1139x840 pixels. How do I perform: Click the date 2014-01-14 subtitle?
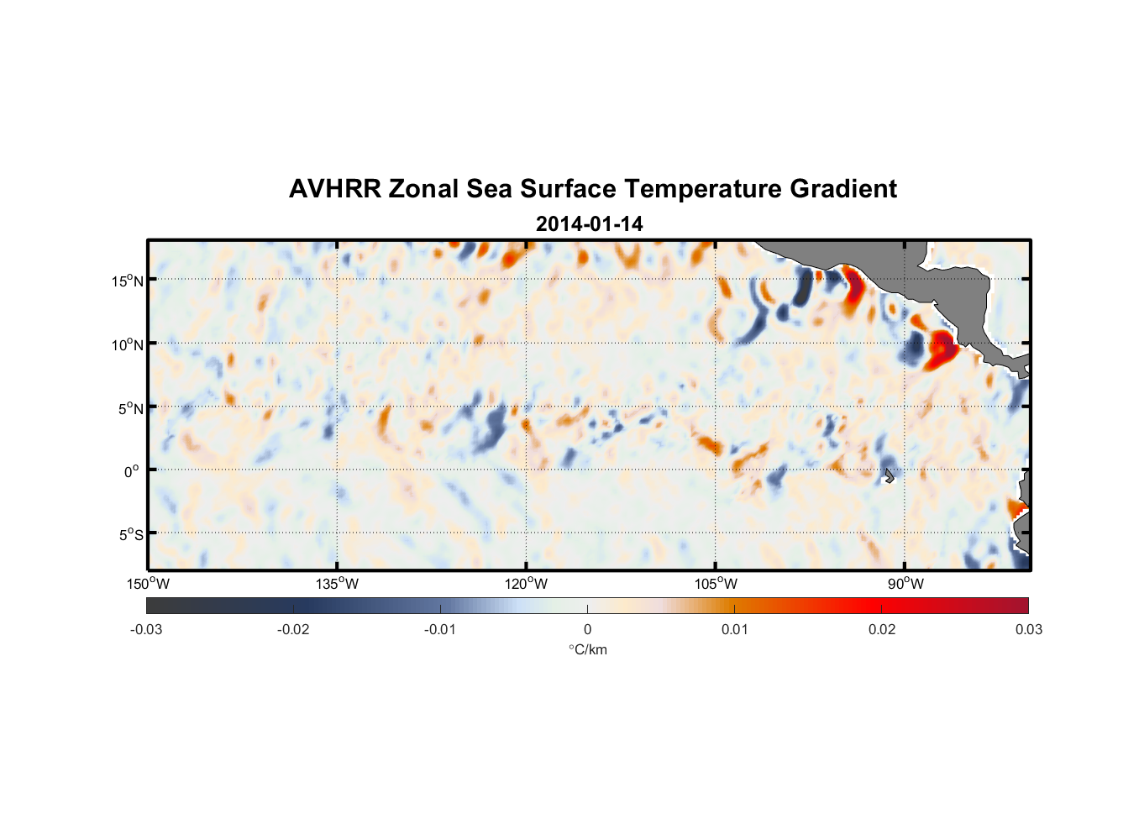click(x=589, y=224)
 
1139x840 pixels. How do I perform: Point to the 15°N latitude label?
click(x=127, y=281)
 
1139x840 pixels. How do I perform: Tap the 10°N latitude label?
click(x=127, y=344)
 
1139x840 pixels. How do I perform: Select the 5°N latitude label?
click(x=129, y=408)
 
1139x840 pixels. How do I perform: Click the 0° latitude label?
click(x=131, y=472)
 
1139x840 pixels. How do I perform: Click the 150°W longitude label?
click(x=148, y=584)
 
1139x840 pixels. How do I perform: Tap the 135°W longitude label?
click(x=337, y=584)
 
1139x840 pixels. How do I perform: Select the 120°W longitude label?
click(x=526, y=584)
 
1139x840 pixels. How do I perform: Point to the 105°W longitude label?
click(x=716, y=584)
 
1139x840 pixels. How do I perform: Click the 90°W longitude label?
click(x=905, y=584)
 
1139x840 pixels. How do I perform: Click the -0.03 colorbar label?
click(x=146, y=629)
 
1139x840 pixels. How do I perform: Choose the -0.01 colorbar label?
click(x=440, y=629)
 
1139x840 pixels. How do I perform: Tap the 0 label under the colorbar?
click(x=587, y=629)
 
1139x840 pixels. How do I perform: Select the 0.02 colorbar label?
click(x=882, y=629)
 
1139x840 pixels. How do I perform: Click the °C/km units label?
click(x=587, y=649)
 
